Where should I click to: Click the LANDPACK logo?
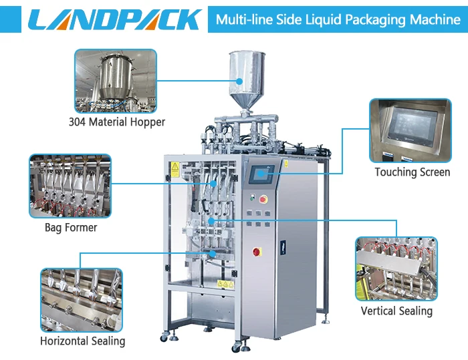click(115, 19)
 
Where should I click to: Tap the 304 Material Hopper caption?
click(117, 122)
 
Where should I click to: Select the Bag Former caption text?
click(71, 228)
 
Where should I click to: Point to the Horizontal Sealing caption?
click(83, 341)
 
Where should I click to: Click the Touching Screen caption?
click(413, 172)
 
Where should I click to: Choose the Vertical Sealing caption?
click(396, 311)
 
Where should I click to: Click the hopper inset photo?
click(116, 81)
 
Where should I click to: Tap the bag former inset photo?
click(70, 186)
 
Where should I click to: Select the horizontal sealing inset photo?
click(82, 300)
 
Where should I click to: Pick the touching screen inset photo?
click(411, 130)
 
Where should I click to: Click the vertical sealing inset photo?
click(396, 268)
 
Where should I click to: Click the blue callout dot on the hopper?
click(239, 81)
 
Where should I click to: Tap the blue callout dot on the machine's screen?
click(261, 173)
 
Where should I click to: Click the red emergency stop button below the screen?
click(263, 199)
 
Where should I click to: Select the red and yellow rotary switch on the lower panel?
click(257, 252)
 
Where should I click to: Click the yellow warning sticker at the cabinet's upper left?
click(175, 170)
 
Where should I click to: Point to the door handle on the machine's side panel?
click(283, 248)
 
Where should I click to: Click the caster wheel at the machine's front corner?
click(237, 347)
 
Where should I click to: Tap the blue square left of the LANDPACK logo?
click(11, 19)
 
